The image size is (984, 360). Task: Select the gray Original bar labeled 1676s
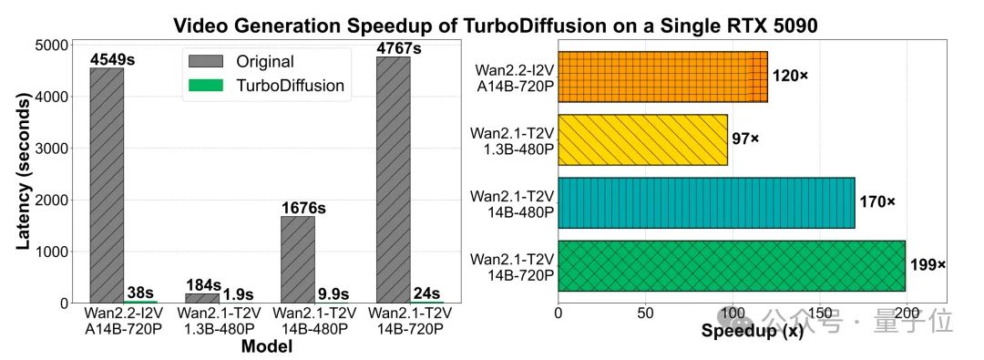pos(297,259)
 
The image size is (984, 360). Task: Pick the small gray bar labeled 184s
pos(202,297)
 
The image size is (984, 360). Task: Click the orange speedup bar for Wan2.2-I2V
pos(662,77)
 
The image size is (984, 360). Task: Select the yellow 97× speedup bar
pos(642,139)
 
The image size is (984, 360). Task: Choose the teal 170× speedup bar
pos(706,202)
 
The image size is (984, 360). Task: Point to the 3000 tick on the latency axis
pos(53,148)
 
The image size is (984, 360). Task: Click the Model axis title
pos(266,346)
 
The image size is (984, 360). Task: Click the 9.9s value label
pos(333,293)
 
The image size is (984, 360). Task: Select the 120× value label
pos(790,77)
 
